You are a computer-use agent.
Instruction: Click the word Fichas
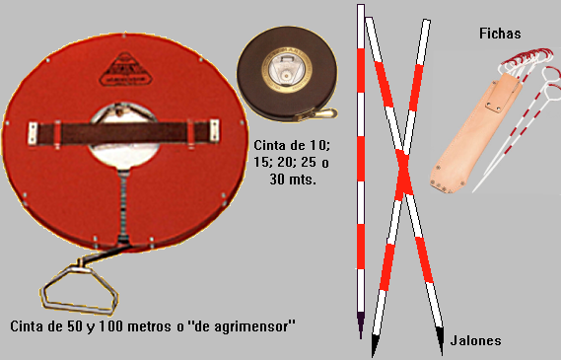point(500,34)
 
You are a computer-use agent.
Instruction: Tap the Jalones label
point(475,340)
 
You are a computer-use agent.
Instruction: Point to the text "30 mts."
point(293,179)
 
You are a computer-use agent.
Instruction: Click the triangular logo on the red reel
point(125,70)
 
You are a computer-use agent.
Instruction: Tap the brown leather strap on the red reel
point(123,133)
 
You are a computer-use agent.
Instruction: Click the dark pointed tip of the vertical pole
point(361,324)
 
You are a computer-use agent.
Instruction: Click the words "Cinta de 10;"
point(292,146)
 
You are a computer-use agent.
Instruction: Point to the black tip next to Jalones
point(441,340)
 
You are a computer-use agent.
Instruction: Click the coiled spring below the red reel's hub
point(123,206)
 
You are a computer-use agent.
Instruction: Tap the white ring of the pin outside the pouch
point(551,74)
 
